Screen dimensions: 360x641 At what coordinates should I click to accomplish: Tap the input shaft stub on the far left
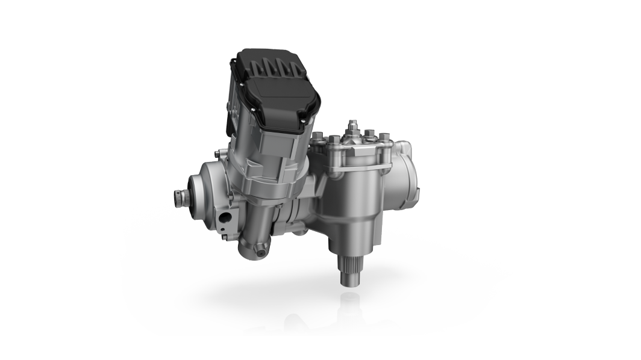(x=180, y=196)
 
